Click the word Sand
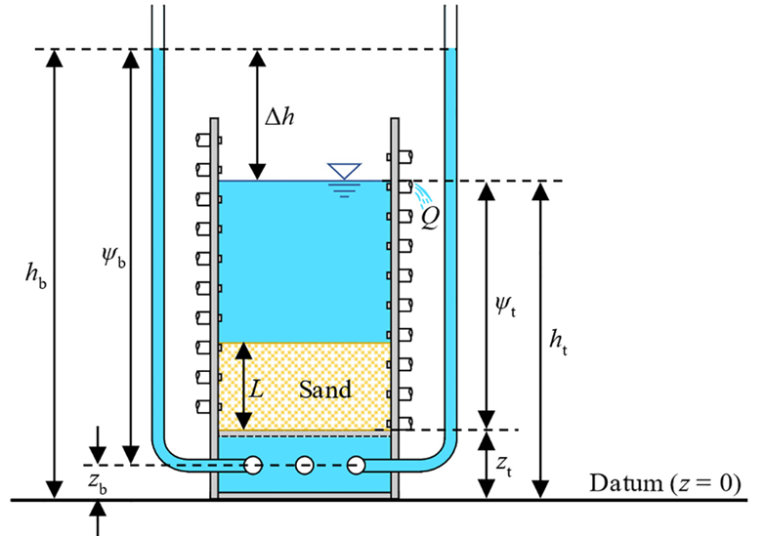tap(325, 389)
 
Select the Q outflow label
tap(429, 215)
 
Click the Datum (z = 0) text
tap(665, 483)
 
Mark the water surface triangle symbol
tap(344, 172)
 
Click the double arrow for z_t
tap(486, 465)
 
